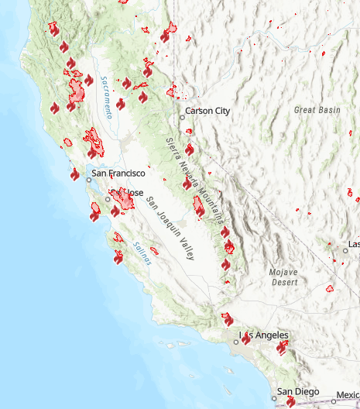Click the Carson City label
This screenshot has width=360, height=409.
208,111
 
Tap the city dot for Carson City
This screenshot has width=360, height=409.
183,117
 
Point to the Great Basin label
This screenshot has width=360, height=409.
317,110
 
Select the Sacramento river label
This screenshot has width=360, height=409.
105,98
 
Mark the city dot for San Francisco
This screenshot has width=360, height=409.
89,179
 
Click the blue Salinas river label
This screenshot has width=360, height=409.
142,254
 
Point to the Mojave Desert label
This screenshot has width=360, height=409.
283,277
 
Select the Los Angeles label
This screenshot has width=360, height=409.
264,335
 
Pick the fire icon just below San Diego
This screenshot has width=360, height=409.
290,402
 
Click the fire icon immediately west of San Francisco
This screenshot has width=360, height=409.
75,174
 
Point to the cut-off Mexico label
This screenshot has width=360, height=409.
348,394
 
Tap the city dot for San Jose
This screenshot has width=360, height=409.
108,199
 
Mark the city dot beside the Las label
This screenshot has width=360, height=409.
345,250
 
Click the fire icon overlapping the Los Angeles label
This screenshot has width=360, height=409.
246,338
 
